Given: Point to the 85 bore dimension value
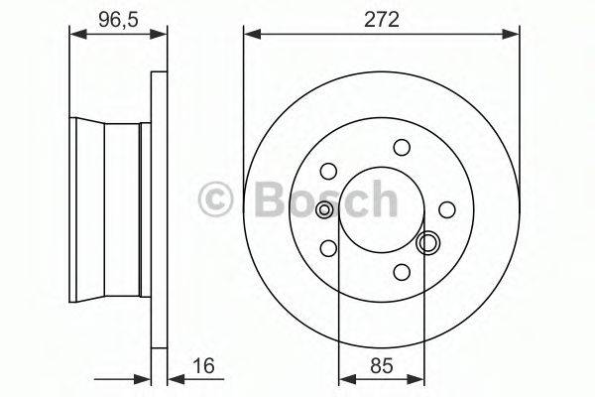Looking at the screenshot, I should pyautogui.click(x=381, y=366).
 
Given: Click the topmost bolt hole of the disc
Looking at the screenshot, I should pyautogui.click(x=402, y=147).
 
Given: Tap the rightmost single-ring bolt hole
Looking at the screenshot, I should pyautogui.click(x=447, y=208).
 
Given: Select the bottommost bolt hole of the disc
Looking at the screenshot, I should pyautogui.click(x=402, y=271).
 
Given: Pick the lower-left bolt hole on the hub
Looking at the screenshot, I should pyautogui.click(x=330, y=247).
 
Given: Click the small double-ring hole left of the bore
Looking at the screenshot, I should pyautogui.click(x=324, y=209).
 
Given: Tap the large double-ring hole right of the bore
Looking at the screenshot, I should pyautogui.click(x=428, y=242).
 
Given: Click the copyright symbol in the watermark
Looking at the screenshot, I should pyautogui.click(x=216, y=198).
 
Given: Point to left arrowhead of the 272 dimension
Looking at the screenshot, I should pyautogui.click(x=250, y=35).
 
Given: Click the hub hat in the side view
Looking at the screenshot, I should pyautogui.click(x=109, y=208).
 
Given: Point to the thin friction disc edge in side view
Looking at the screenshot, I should pyautogui.click(x=157, y=208).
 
